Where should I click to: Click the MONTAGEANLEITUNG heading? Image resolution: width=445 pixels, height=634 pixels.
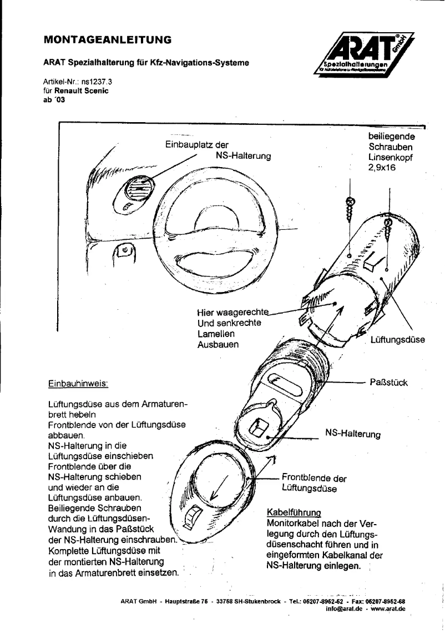click(x=107, y=40)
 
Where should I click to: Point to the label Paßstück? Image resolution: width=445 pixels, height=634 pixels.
click(x=388, y=383)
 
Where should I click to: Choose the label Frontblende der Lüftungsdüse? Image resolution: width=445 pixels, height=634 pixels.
click(x=314, y=483)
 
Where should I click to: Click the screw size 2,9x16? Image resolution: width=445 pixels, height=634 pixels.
click(x=382, y=169)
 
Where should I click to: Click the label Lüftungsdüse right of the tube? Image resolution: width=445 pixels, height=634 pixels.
click(x=397, y=340)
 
